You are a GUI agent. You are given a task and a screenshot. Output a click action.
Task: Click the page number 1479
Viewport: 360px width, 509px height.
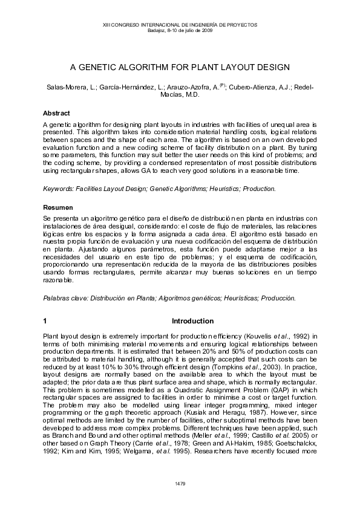[x=180, y=484]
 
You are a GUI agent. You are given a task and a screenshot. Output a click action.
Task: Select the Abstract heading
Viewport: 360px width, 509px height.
[x=56, y=113]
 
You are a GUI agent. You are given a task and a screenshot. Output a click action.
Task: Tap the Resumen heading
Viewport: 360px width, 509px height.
[x=57, y=207]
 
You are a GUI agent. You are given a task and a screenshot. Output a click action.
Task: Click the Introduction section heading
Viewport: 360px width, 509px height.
[x=192, y=321]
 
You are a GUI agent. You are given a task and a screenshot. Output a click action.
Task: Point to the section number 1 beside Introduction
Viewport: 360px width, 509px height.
[x=45, y=321]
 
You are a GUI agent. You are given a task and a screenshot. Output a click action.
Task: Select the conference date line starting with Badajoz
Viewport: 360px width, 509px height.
[x=180, y=30]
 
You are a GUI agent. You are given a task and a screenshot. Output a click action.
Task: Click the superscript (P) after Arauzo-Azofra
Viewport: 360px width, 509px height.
[x=221, y=86]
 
